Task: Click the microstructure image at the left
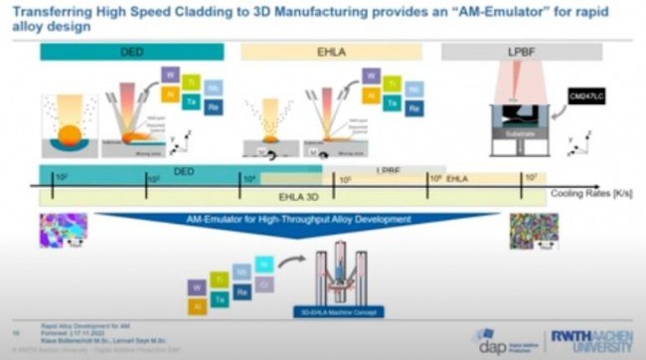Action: pos(63,230)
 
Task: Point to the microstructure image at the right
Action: pos(534,231)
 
